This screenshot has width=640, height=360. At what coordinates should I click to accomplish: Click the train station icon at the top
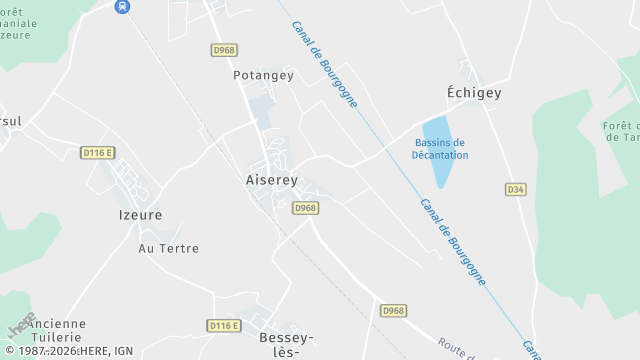coord(122,6)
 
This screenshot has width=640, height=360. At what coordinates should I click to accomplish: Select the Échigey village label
coord(473,92)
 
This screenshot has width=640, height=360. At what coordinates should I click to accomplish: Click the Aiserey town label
coord(271,181)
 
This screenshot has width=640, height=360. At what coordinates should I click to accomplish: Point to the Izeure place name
coord(140,214)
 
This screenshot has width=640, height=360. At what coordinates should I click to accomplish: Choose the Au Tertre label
coord(168,248)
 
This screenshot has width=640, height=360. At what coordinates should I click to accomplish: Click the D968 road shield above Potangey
coord(224,49)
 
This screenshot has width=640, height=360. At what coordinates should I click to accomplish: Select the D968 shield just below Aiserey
coord(305,207)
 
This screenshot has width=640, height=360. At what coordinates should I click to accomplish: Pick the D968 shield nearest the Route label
coord(393,311)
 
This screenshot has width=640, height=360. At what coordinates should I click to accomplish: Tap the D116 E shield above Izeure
coord(98,152)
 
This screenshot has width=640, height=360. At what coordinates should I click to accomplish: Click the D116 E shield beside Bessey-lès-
coord(224,325)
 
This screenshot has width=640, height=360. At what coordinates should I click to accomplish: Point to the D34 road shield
coord(515,189)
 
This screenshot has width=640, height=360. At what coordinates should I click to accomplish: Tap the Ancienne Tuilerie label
coord(57,331)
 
